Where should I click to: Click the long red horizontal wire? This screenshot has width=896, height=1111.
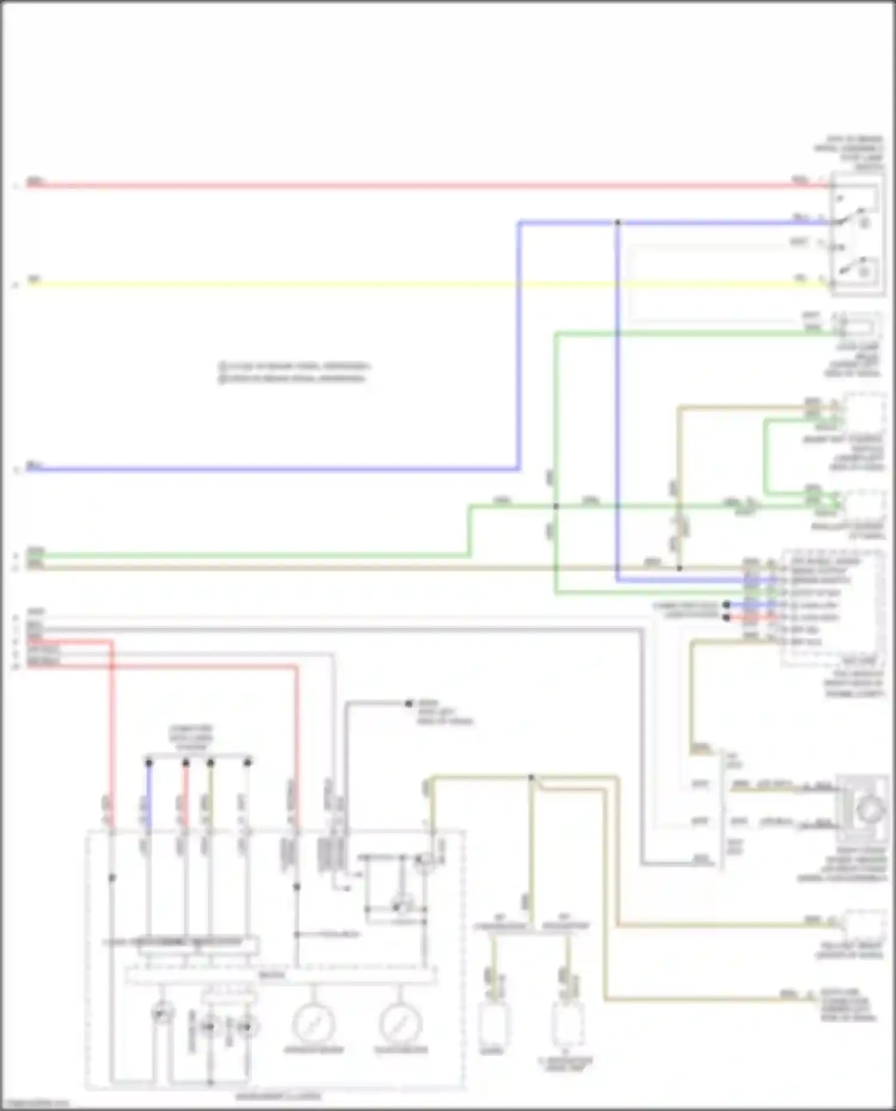tap(418, 186)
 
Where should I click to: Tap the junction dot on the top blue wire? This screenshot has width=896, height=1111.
tap(618, 223)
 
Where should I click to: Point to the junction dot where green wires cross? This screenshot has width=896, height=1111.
tap(556, 506)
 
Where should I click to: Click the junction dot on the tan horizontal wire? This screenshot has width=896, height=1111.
tap(679, 568)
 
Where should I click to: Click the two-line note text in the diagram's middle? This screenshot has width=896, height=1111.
tap(293, 372)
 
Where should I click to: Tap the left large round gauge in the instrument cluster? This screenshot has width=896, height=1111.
tap(313, 1023)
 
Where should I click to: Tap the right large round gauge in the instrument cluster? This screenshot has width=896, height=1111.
tap(401, 1023)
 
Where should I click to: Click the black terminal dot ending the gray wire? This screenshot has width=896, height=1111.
tap(409, 704)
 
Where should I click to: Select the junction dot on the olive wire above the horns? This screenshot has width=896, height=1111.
tap(531, 777)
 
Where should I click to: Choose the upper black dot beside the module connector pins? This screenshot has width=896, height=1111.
tap(726, 605)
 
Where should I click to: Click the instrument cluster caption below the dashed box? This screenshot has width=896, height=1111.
tap(278, 1096)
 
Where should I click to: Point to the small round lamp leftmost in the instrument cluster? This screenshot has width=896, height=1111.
tap(162, 1012)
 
